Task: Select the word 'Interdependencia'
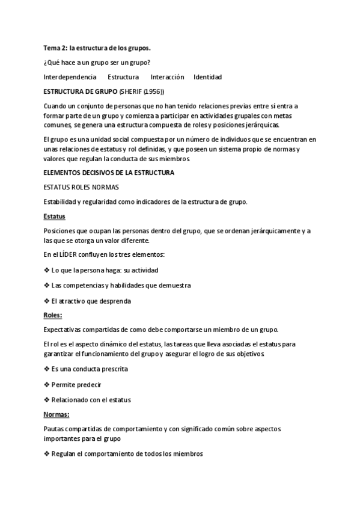(x=70, y=77)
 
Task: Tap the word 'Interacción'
(x=167, y=77)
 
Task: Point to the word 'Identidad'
(x=207, y=77)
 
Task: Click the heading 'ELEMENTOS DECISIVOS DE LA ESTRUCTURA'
(x=109, y=173)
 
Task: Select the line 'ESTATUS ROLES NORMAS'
(x=81, y=187)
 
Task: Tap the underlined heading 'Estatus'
(x=55, y=216)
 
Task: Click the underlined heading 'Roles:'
(x=53, y=315)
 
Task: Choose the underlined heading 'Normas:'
(x=56, y=414)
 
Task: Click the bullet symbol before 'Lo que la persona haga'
(x=47, y=270)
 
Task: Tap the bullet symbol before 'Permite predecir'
(x=47, y=384)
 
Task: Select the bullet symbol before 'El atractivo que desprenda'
(x=47, y=300)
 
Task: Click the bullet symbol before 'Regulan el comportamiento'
(x=47, y=454)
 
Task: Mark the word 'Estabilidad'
(x=61, y=201)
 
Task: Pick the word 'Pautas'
(x=54, y=429)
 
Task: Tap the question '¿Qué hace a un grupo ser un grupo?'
(x=96, y=62)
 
